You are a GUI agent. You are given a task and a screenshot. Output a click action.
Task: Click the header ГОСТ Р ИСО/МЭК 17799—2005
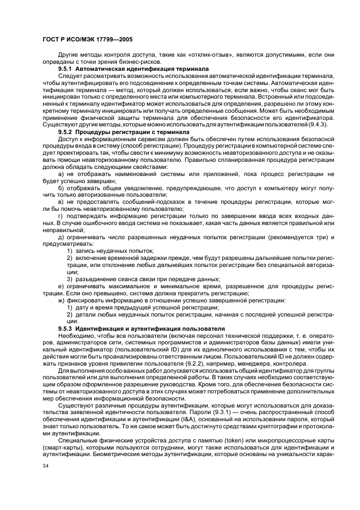click(x=87, y=40)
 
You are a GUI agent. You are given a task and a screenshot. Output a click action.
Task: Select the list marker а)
click(x=62, y=173)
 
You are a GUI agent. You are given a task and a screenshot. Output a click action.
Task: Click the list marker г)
click(x=62, y=216)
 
